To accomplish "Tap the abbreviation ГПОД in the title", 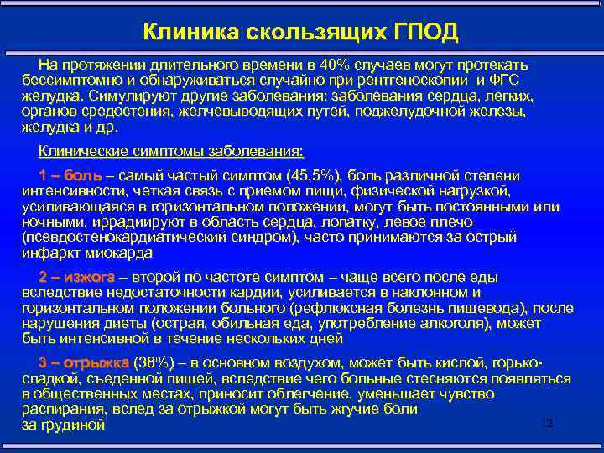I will pyautogui.click(x=427, y=32).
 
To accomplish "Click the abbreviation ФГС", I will pyautogui.click(x=504, y=81).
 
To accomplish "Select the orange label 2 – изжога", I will pyautogui.click(x=76, y=278).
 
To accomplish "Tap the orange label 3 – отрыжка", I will pyautogui.click(x=82, y=363).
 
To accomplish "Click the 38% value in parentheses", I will pyautogui.click(x=157, y=363).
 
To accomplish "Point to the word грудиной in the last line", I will pyautogui.click(x=75, y=425).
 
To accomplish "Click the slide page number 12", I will pyautogui.click(x=547, y=423).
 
